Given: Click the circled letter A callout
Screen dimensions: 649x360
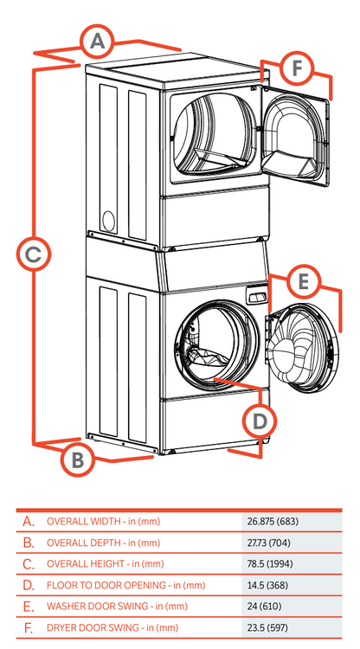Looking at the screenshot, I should point(98,40).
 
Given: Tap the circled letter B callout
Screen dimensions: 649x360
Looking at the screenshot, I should point(77,459).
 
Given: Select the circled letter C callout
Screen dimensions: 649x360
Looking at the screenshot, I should point(33,254).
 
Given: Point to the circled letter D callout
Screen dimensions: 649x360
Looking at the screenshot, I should point(259,421).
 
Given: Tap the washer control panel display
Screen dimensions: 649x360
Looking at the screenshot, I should point(255,297).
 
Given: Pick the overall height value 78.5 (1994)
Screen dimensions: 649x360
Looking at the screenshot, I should point(268,563).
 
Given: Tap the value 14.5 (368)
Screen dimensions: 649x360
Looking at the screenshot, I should point(266,585).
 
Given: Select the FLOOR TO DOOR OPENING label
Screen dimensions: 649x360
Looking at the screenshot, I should point(125,585).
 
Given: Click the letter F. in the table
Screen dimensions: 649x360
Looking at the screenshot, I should point(29,627).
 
